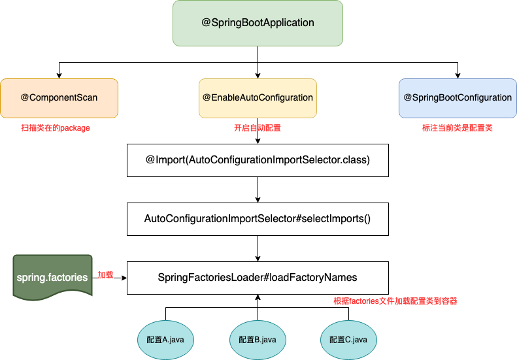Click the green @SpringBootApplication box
click(258, 23)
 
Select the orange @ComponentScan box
click(59, 98)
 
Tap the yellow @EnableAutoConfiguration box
click(258, 98)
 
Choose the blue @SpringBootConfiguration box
click(457, 98)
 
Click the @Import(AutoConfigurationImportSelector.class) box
click(258, 160)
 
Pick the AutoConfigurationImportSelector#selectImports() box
click(258, 219)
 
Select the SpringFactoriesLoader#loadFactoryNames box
click(258, 278)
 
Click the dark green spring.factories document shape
click(52, 277)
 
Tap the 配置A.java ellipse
click(165, 340)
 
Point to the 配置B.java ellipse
click(258, 340)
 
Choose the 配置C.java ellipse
click(348, 340)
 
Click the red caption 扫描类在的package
click(56, 128)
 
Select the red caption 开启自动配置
click(258, 128)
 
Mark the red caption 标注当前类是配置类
click(458, 128)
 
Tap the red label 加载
click(105, 275)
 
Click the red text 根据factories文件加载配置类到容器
click(395, 301)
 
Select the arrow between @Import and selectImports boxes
click(258, 189)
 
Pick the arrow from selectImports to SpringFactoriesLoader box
click(258, 248)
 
